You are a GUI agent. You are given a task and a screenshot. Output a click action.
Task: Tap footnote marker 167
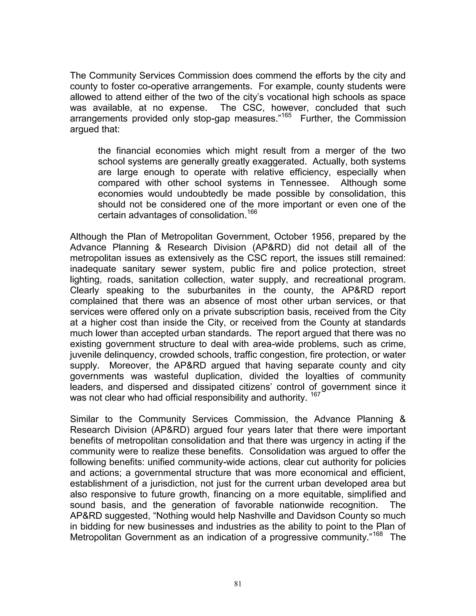point(316,394)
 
